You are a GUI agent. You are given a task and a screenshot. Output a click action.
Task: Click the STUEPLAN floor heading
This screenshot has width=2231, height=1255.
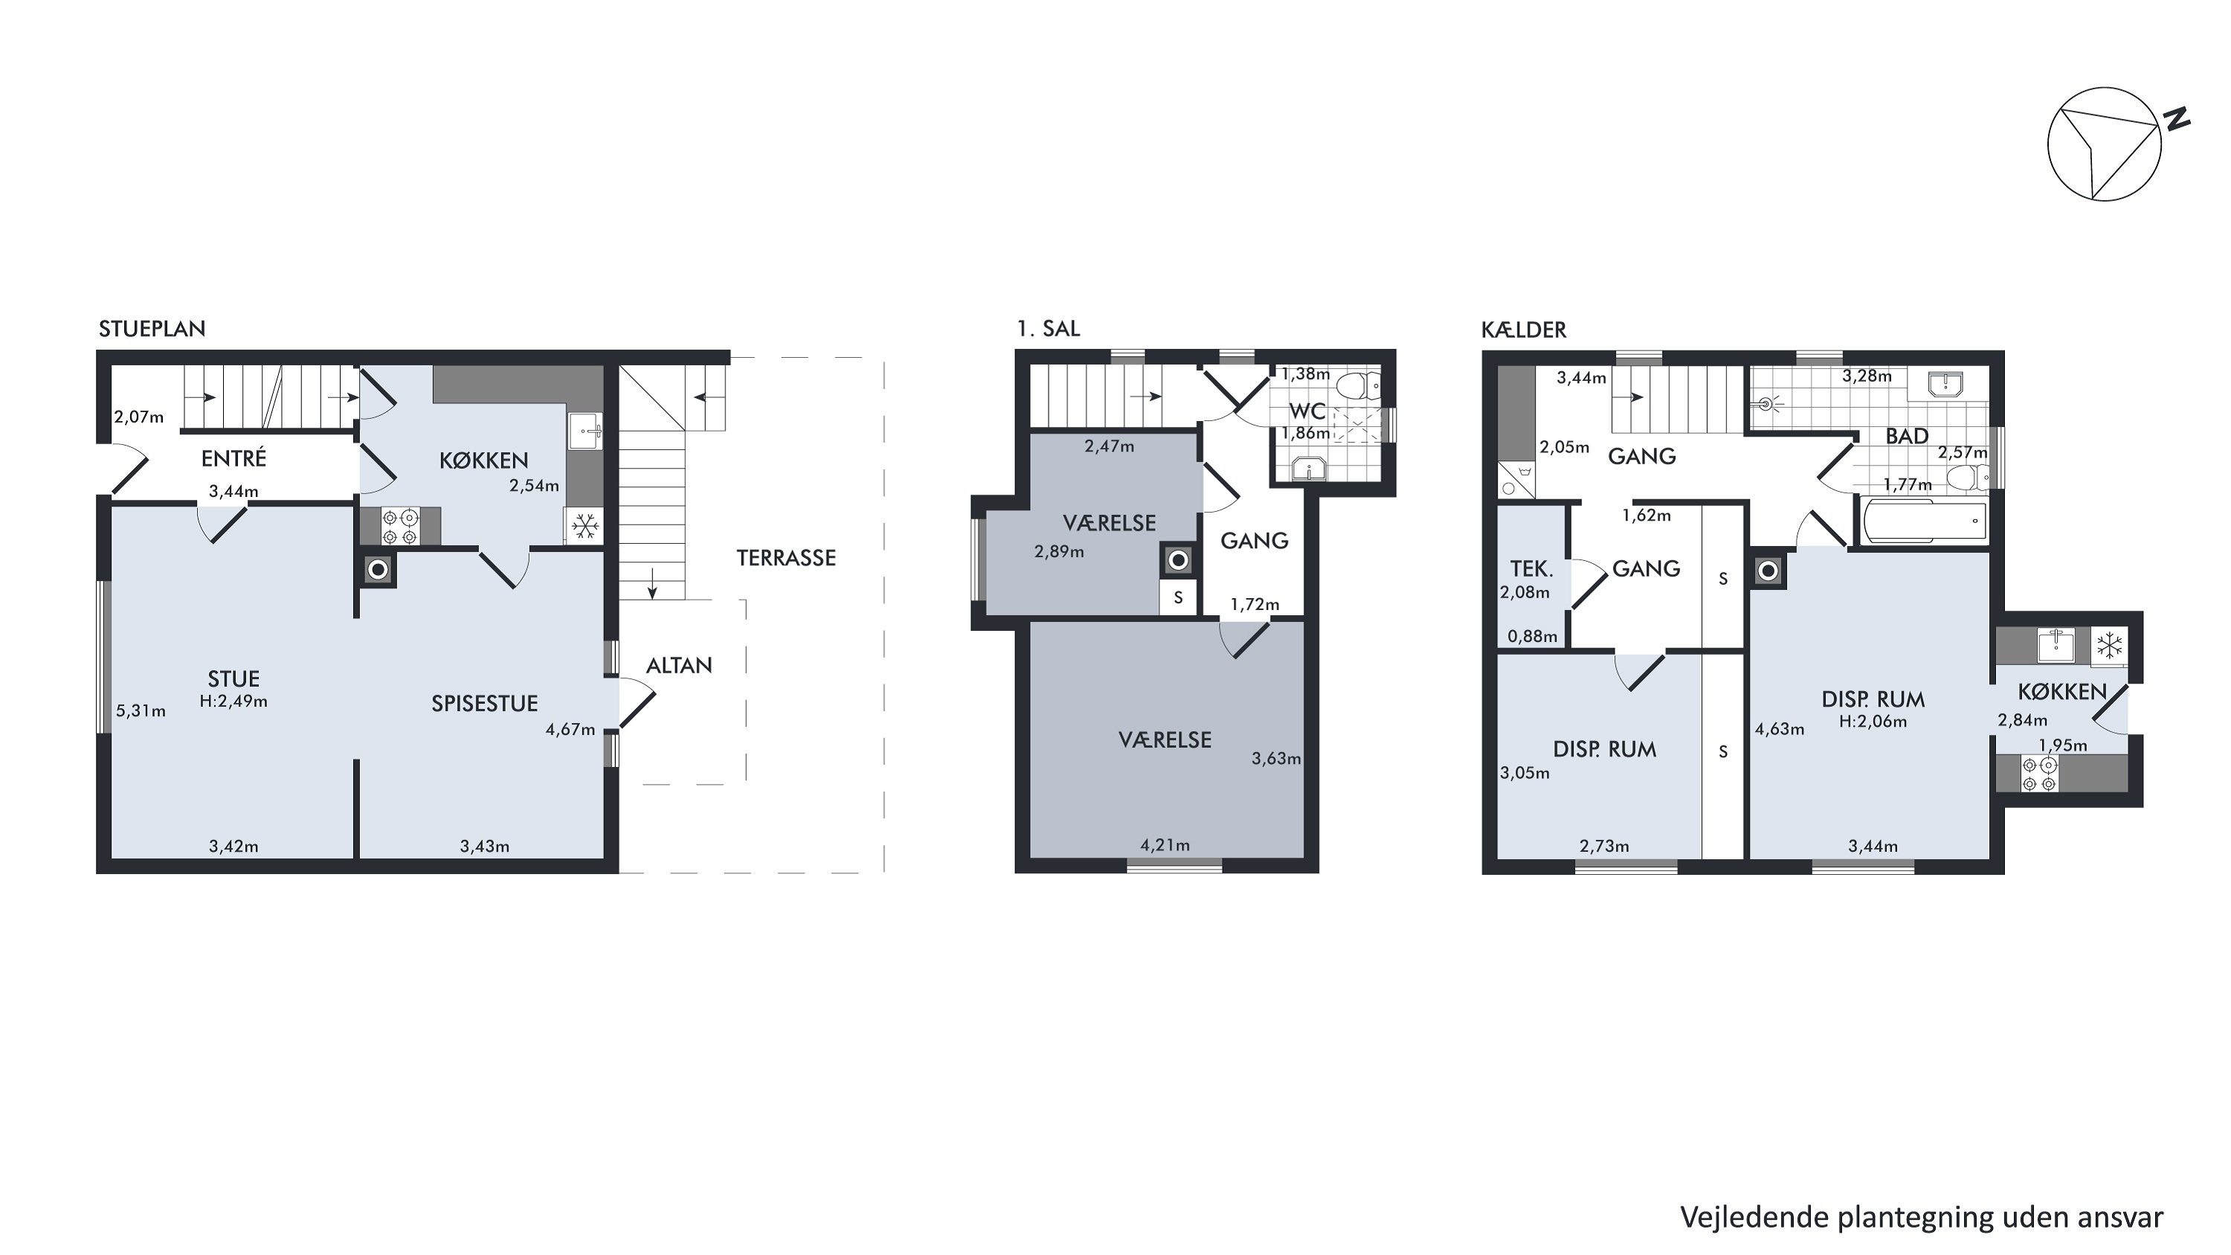152,329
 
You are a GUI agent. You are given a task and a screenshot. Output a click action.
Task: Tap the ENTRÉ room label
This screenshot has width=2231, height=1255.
234,458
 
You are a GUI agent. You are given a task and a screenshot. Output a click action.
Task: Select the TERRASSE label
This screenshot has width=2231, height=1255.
786,559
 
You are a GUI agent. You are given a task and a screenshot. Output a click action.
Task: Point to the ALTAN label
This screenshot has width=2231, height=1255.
679,666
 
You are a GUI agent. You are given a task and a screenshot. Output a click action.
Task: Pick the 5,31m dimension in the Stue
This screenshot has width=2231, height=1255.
141,711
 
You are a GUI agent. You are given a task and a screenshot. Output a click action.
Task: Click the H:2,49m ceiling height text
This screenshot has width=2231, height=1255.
234,702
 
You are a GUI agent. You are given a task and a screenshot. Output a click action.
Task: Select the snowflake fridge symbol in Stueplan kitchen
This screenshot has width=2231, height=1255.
585,526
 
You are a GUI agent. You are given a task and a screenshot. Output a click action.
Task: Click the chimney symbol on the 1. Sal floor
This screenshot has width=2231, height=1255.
1178,560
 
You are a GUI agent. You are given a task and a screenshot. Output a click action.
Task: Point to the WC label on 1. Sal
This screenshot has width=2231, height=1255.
1308,411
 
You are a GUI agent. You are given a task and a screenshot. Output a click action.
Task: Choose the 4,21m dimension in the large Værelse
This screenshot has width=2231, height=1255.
1165,845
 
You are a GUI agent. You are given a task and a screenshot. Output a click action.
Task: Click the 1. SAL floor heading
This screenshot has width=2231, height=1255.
1049,329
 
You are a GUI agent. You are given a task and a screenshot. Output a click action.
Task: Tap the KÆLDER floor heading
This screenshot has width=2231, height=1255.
1524,330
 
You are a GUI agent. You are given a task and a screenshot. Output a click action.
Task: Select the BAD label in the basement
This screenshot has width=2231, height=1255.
1907,437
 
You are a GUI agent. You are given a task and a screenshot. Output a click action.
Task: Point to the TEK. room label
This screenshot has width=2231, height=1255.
1532,569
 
